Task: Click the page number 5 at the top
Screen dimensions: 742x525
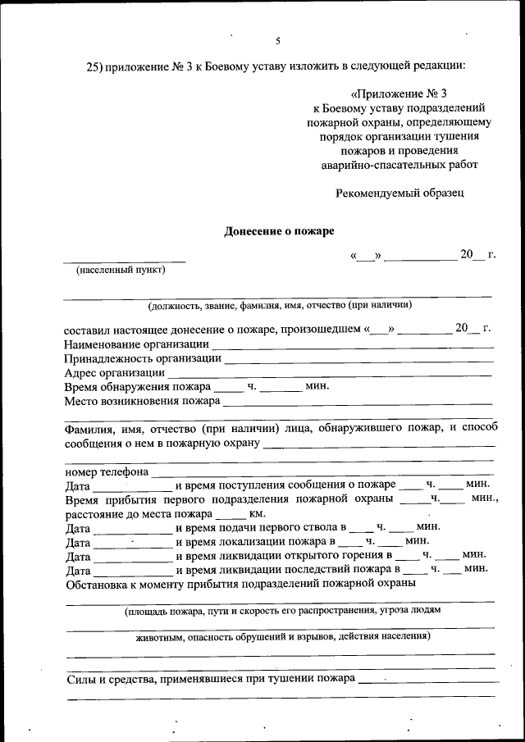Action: click(x=278, y=40)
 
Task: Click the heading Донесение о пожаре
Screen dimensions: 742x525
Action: click(x=280, y=231)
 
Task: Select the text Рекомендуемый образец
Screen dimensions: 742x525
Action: click(x=399, y=193)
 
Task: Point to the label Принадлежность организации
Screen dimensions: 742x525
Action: click(x=142, y=358)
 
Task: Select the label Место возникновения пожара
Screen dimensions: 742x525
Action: click(x=141, y=401)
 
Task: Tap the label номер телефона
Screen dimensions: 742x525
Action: click(x=106, y=472)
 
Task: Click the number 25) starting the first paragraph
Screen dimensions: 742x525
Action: click(x=95, y=66)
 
